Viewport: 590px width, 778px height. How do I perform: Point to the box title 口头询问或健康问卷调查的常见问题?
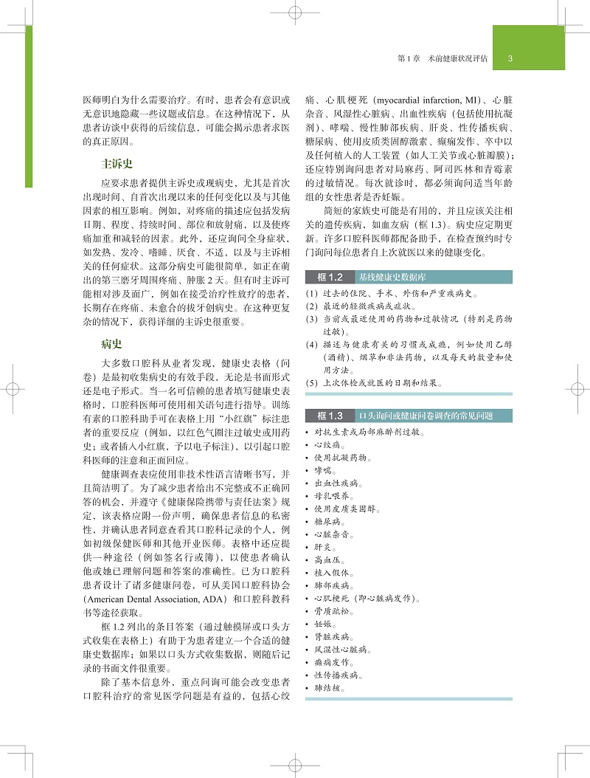click(x=424, y=416)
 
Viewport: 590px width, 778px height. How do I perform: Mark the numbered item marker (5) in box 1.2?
click(x=311, y=383)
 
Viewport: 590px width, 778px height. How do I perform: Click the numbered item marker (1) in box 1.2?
click(x=311, y=292)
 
